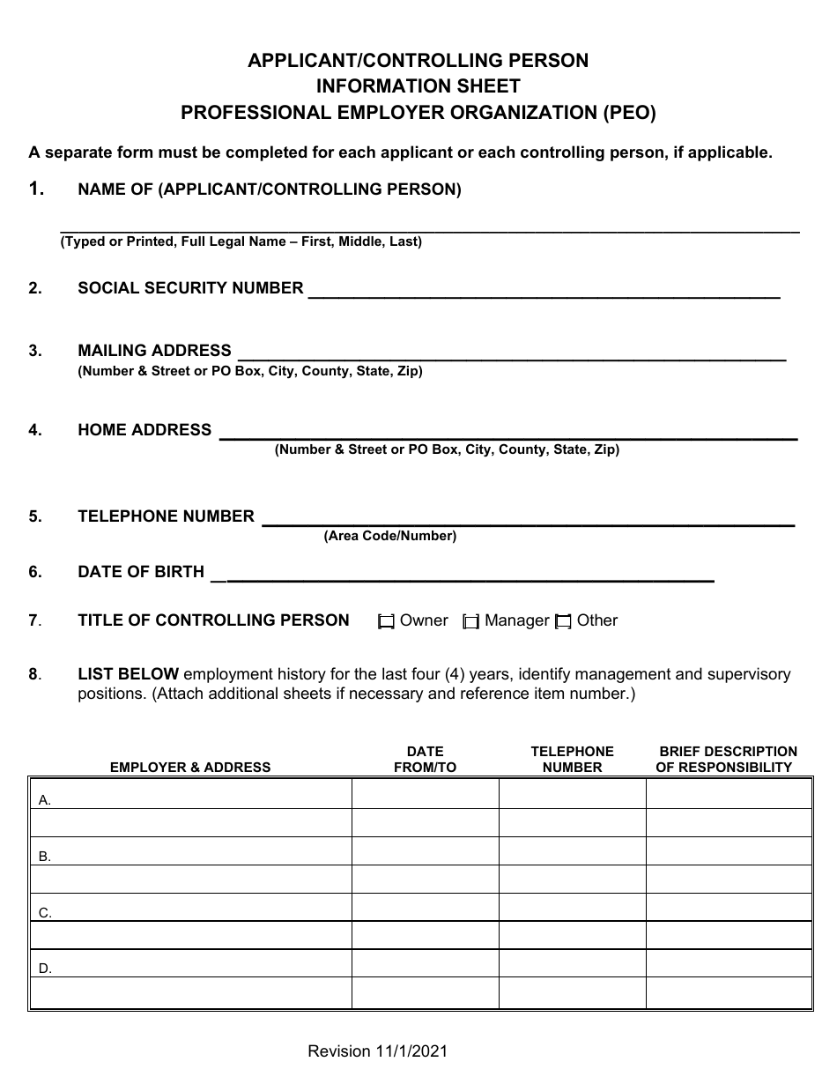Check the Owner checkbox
coord(386,622)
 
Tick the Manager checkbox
coord(471,622)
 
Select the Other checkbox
coord(564,622)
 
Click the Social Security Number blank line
coord(544,293)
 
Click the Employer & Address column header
coord(190,768)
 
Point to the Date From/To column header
coord(425,760)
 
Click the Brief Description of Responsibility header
coord(727,760)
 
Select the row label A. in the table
coord(45,800)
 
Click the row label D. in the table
coord(45,969)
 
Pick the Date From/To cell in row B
coord(425,851)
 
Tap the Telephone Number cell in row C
coord(572,908)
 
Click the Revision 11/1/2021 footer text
coord(378,1051)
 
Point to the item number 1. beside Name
coord(36,189)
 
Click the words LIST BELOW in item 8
coord(129,674)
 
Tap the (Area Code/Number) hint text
coord(390,536)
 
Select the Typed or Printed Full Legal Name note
coord(241,241)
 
